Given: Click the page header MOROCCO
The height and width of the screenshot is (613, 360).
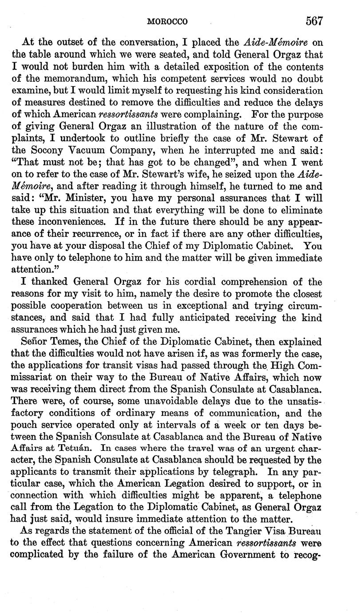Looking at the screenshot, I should point(167,21).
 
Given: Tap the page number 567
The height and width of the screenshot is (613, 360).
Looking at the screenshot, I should point(313,20).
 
